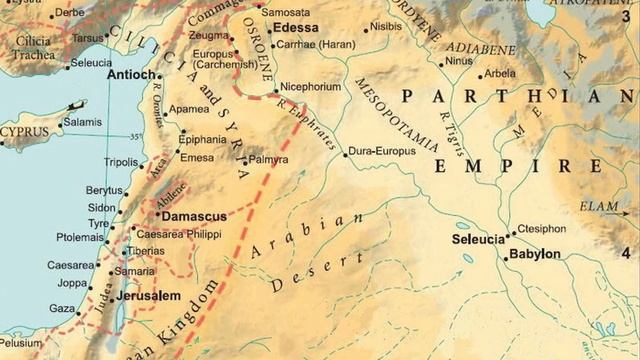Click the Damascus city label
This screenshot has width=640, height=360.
[x=193, y=216]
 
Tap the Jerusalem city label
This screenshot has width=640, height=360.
[x=148, y=296]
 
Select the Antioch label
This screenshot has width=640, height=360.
[x=131, y=75]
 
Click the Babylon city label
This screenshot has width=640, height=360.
[x=535, y=254]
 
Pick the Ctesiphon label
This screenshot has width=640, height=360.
[x=541, y=229]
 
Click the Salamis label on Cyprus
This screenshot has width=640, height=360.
[x=83, y=121]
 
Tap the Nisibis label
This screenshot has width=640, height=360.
[x=386, y=29]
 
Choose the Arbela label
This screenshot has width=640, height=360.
[x=500, y=74]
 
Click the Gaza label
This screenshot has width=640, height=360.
[x=62, y=309]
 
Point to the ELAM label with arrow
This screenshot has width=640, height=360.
[x=599, y=207]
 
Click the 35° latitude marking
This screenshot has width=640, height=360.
[x=136, y=136]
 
